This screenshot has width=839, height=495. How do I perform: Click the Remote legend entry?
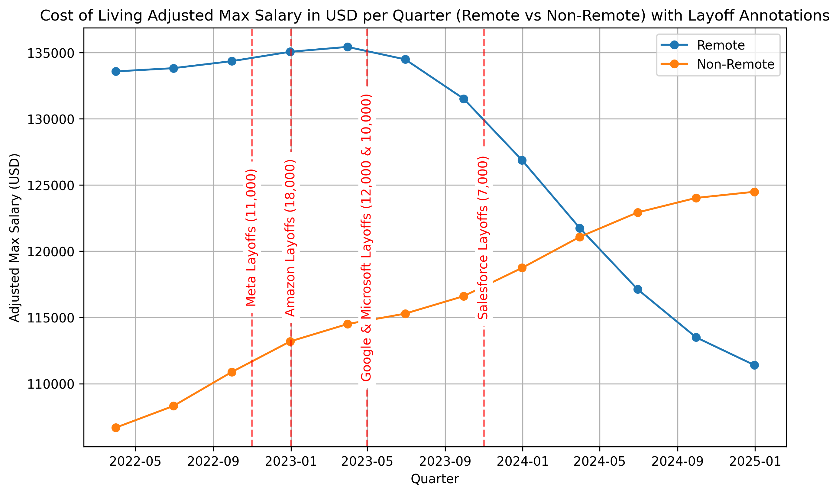tap(720, 45)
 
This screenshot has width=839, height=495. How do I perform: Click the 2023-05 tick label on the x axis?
tap(367, 462)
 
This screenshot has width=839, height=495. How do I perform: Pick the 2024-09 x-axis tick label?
tap(677, 462)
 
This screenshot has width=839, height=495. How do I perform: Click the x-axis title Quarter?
tap(435, 479)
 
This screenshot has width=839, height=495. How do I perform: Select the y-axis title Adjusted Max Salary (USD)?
tap(14, 238)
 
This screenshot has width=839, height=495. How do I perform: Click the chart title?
tap(435, 16)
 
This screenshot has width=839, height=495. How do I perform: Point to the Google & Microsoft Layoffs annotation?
tap(366, 238)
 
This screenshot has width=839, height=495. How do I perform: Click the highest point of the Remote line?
tap(348, 47)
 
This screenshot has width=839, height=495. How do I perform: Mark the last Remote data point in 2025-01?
tap(754, 365)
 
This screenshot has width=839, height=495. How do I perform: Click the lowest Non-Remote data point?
tap(116, 428)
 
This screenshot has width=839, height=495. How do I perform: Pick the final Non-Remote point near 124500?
tap(754, 192)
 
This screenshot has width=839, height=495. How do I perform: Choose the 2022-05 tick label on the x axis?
tap(135, 462)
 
